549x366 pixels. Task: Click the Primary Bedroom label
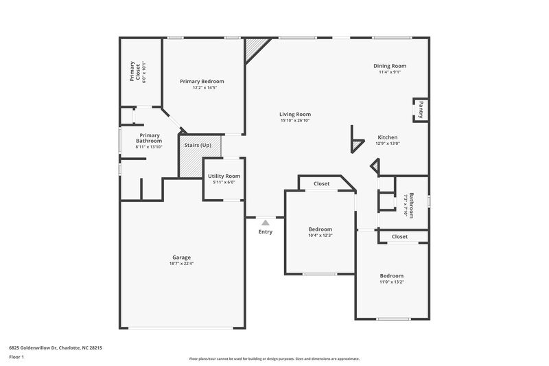pos(202,81)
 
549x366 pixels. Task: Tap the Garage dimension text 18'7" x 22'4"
pos(181,264)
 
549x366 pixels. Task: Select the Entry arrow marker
pos(265,222)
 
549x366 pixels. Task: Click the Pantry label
pos(419,110)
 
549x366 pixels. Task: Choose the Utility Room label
pos(224,176)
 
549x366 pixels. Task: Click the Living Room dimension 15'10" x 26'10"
pos(295,120)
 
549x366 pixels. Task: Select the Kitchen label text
pos(387,137)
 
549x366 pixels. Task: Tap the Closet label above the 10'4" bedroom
pos(321,184)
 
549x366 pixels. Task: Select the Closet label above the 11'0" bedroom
pos(399,237)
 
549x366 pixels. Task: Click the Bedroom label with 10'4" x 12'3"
pos(320,229)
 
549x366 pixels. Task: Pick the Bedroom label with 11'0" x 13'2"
pos(392,275)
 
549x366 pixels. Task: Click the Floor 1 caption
pos(16,358)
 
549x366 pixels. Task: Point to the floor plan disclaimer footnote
pos(274,358)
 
